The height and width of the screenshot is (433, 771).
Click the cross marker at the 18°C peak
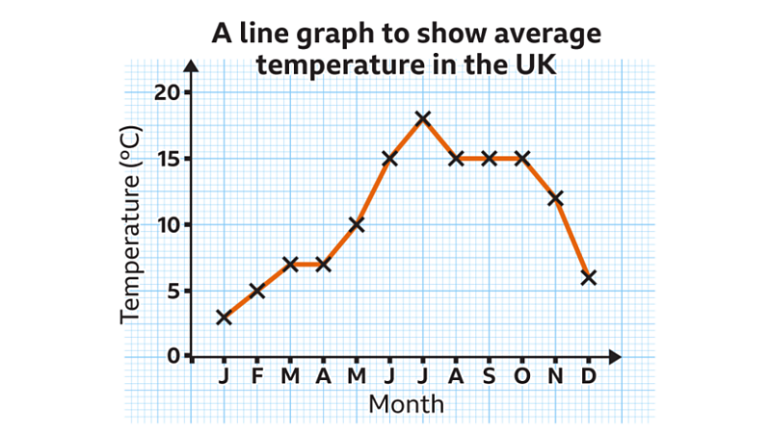pos(422,118)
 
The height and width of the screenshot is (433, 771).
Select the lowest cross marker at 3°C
pos(224,317)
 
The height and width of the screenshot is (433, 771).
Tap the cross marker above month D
pos(588,277)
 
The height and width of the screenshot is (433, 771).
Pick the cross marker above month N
pos(555,198)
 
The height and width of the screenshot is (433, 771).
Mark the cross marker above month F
pos(256,291)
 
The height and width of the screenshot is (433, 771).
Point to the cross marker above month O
pos(521,158)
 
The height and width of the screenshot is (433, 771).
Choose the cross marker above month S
pos(489,158)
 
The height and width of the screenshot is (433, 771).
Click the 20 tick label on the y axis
pos(167,92)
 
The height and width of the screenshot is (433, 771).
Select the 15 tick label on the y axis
pos(167,159)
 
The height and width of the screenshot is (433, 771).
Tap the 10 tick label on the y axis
pos(167,225)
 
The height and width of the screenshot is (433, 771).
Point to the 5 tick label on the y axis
pos(173,291)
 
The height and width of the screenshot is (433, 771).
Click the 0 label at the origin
pos(173,356)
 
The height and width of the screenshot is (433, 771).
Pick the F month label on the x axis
pos(257,376)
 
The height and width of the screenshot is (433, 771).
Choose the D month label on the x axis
pos(588,376)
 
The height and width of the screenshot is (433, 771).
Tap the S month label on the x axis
pos(489,376)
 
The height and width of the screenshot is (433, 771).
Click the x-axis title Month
pos(406,403)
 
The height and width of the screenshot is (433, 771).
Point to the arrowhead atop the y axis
pos(191,64)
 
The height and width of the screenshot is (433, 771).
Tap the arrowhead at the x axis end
pos(616,357)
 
